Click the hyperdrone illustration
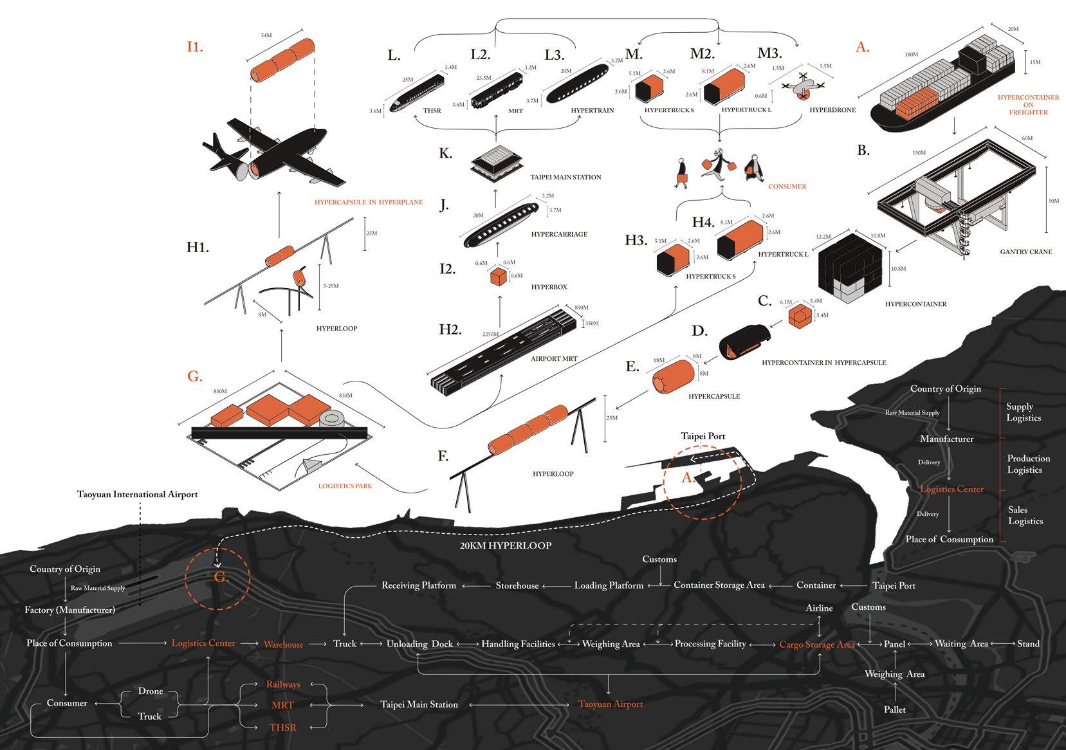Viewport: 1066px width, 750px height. click(x=802, y=86)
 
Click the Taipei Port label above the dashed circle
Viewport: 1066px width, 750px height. click(x=703, y=436)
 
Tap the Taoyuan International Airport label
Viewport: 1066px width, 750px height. click(x=138, y=495)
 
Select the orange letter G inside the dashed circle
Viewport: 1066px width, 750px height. click(x=221, y=578)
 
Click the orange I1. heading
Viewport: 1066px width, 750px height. click(x=194, y=47)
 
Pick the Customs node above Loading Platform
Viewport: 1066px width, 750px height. click(x=659, y=560)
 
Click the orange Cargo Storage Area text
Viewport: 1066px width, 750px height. click(x=817, y=645)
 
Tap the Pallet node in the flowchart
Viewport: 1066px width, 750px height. click(x=895, y=709)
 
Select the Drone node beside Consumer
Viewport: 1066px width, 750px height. click(x=151, y=691)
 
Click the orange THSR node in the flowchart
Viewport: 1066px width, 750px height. click(x=282, y=727)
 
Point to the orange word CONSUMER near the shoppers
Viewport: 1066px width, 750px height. click(x=787, y=187)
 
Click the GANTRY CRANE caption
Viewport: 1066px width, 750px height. click(x=1026, y=252)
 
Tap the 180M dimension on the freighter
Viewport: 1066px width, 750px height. click(x=911, y=55)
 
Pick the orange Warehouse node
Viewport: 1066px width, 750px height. click(x=283, y=645)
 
